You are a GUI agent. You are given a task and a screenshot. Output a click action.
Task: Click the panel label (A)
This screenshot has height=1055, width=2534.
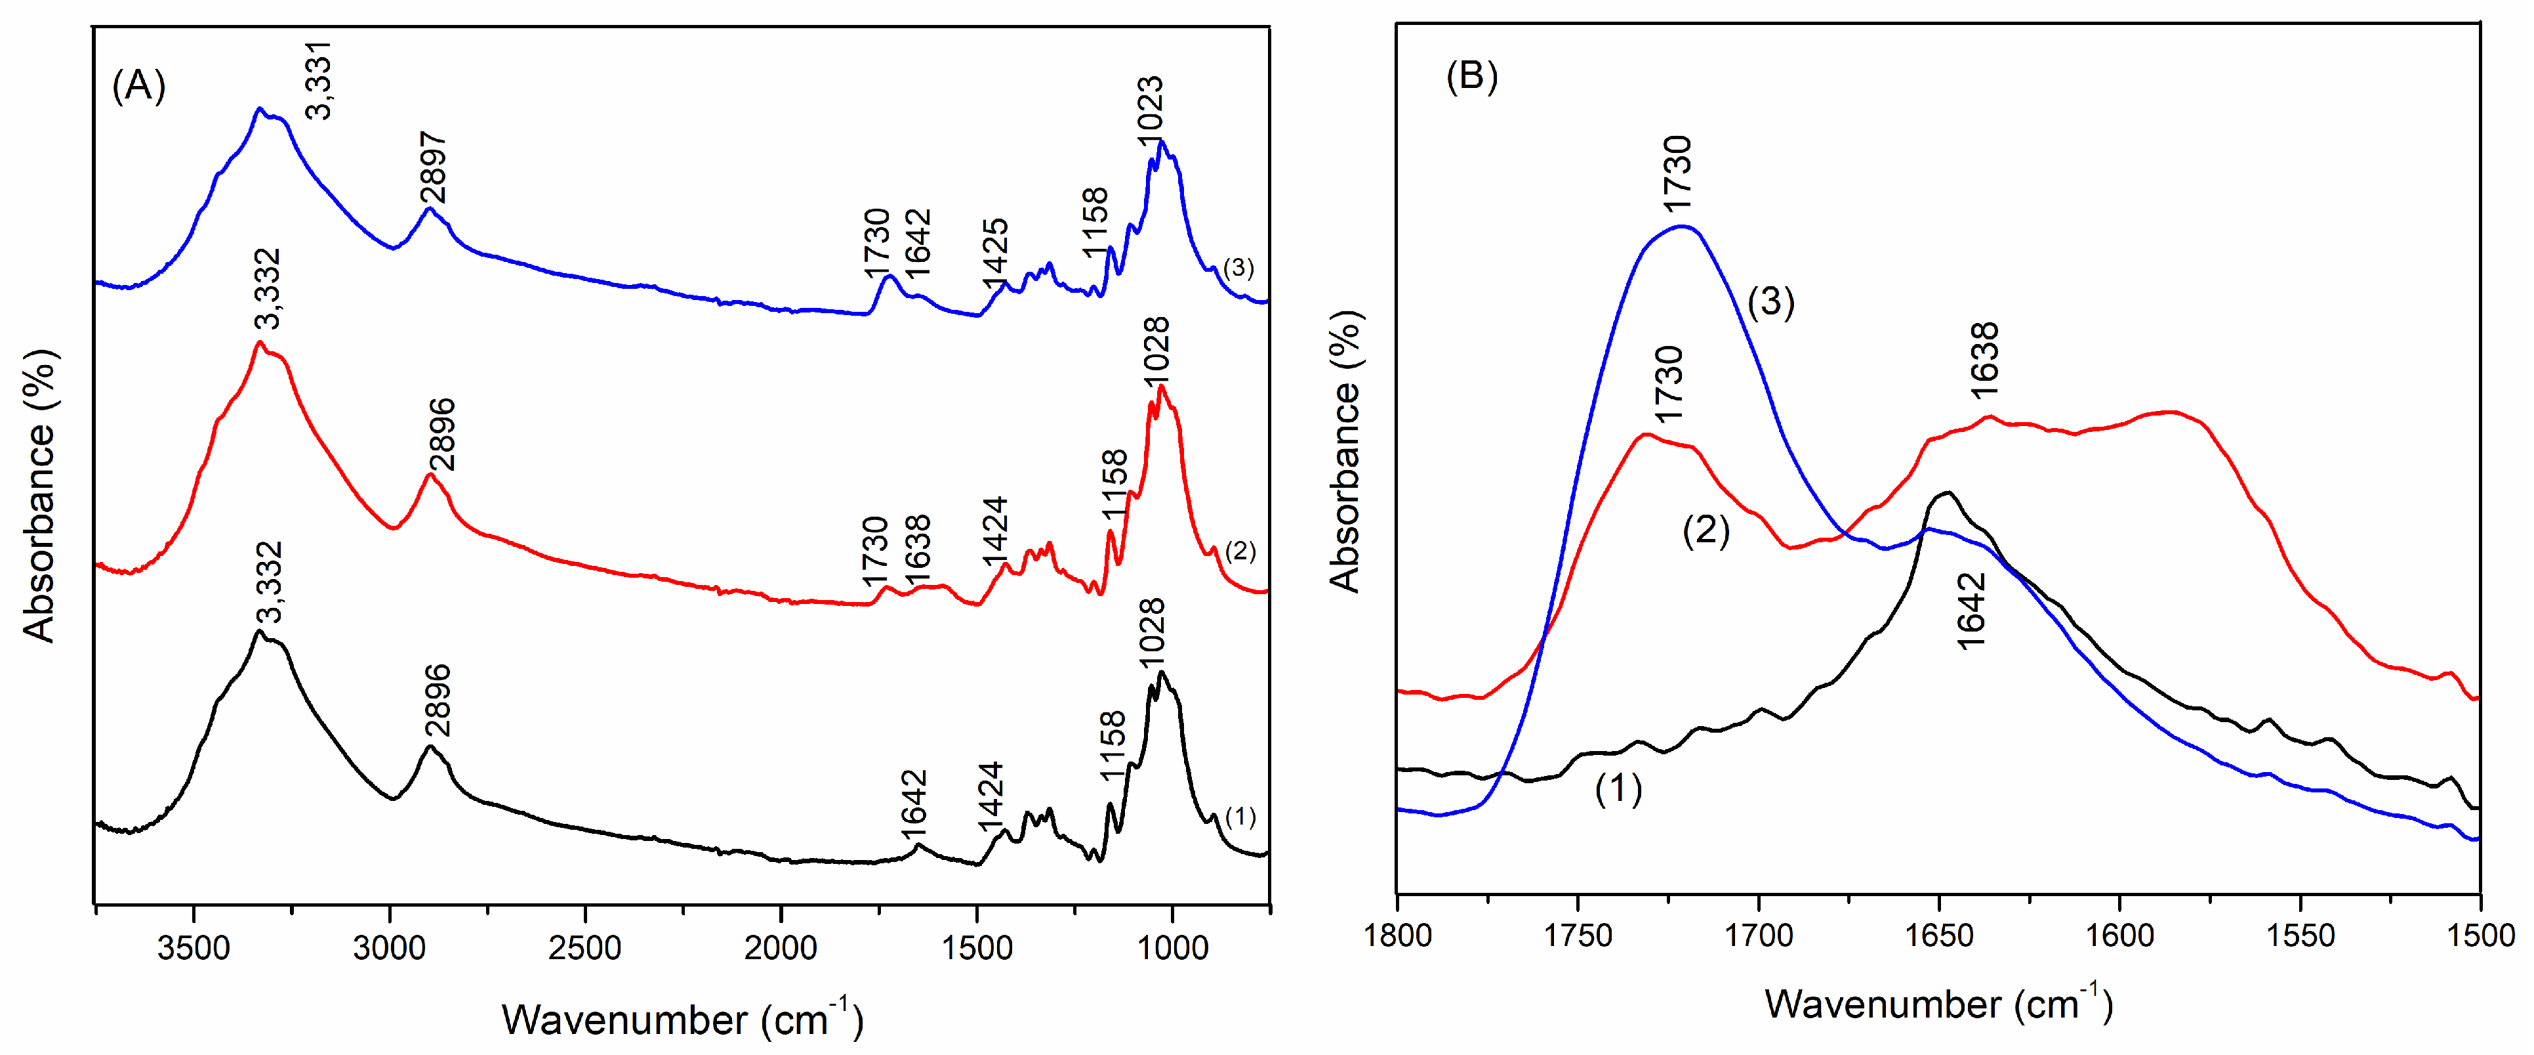[138, 87]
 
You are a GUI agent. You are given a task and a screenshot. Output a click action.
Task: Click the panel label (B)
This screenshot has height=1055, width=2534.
[1471, 75]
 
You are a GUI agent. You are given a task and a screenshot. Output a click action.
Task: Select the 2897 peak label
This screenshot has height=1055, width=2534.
[434, 167]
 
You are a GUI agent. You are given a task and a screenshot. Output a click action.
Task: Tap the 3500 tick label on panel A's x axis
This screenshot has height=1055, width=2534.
[194, 948]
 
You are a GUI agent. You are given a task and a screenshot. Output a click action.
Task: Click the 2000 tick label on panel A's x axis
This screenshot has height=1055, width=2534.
[781, 948]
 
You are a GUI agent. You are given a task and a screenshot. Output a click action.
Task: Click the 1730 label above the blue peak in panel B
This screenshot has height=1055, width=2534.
[1677, 173]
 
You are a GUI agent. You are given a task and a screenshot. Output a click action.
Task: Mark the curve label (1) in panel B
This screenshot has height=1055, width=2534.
[1618, 788]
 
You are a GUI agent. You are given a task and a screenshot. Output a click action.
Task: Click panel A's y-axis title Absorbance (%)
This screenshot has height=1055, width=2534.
[39, 495]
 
